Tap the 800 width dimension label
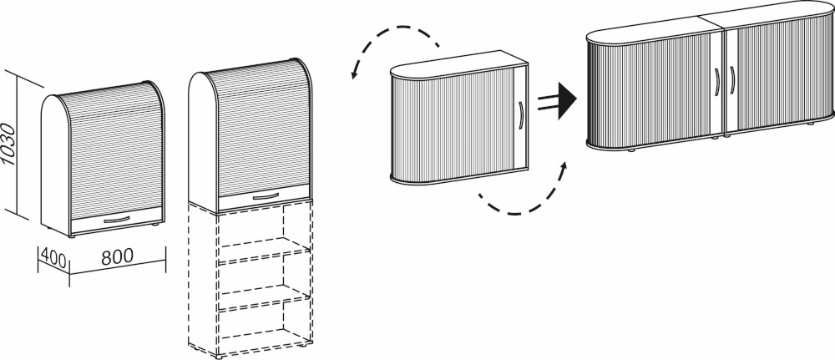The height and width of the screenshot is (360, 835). click(x=116, y=258)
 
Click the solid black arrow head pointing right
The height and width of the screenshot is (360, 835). click(x=566, y=100)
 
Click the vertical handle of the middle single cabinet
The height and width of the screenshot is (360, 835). click(x=520, y=115)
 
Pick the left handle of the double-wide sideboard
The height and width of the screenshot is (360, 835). click(x=717, y=83)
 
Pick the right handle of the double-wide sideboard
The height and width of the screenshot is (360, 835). click(x=731, y=83)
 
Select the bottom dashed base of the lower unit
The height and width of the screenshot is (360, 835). click(x=250, y=344)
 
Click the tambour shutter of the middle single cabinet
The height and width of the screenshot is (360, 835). click(x=459, y=125)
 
